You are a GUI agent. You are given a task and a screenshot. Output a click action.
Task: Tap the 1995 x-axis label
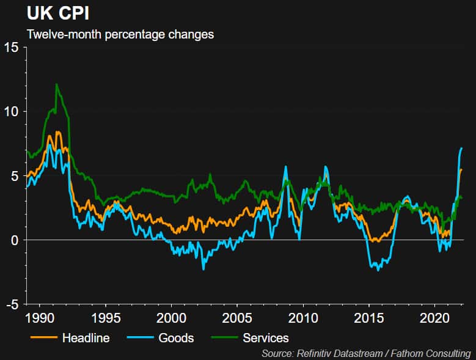pos(105,318)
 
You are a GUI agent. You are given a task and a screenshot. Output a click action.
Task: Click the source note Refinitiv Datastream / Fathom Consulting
pos(366,353)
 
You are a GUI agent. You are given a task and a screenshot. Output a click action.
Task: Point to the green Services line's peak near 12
pos(56,84)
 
